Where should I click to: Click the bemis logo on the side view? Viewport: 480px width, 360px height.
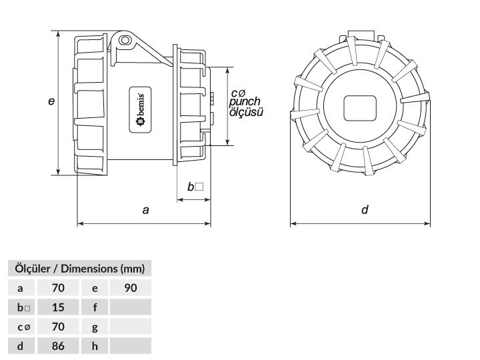(x=140, y=109)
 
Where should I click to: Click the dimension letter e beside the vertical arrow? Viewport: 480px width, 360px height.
(x=51, y=101)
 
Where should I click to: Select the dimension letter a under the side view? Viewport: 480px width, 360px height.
(x=146, y=210)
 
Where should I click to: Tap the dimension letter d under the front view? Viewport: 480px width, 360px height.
(x=365, y=210)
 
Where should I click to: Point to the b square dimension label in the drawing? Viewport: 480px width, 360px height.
(x=195, y=187)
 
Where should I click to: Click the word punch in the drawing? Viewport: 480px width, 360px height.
(x=245, y=101)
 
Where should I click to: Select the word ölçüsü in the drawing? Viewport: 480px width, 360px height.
(x=246, y=112)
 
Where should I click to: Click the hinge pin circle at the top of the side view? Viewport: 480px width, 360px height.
(x=124, y=40)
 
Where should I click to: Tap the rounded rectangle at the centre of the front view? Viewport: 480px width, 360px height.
(x=360, y=109)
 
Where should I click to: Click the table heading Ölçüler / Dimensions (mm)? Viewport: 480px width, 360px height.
(x=79, y=269)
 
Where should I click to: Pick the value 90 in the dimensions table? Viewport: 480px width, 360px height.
(x=131, y=288)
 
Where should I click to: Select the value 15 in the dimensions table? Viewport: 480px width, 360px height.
(x=58, y=307)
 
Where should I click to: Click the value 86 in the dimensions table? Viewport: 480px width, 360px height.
(x=58, y=346)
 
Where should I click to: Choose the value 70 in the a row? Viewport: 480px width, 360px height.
(x=58, y=288)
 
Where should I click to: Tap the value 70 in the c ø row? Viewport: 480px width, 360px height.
(x=58, y=327)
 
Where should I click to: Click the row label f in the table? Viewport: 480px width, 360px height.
(x=95, y=307)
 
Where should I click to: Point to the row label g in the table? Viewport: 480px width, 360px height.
(x=95, y=327)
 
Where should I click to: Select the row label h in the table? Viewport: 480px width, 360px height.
(x=95, y=346)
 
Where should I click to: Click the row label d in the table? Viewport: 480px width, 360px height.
(x=20, y=346)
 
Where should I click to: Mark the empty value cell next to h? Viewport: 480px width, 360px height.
(x=131, y=346)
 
